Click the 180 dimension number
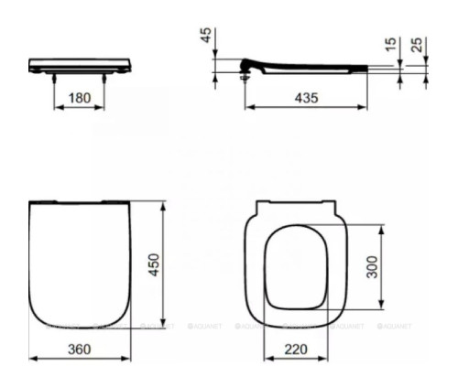coord(81,98)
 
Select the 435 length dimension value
coord(308,98)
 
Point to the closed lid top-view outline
coord(77,265)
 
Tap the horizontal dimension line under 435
coord(308,108)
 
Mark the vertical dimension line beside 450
coord(163,265)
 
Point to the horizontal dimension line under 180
coord(81,108)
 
